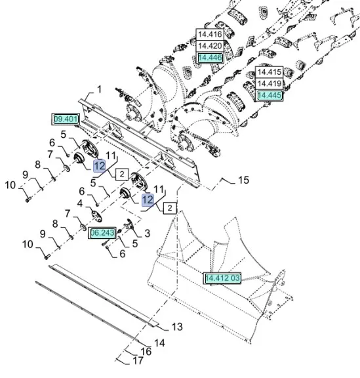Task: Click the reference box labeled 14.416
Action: point(210,34)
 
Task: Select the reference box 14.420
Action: point(210,46)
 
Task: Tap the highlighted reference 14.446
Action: point(210,58)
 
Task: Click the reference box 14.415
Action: point(269,72)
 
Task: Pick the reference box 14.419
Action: point(269,83)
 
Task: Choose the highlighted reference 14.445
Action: point(269,95)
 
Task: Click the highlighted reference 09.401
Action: point(66,119)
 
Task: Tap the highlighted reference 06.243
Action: point(102,233)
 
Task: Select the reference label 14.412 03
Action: point(222,278)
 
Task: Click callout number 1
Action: point(99,90)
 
